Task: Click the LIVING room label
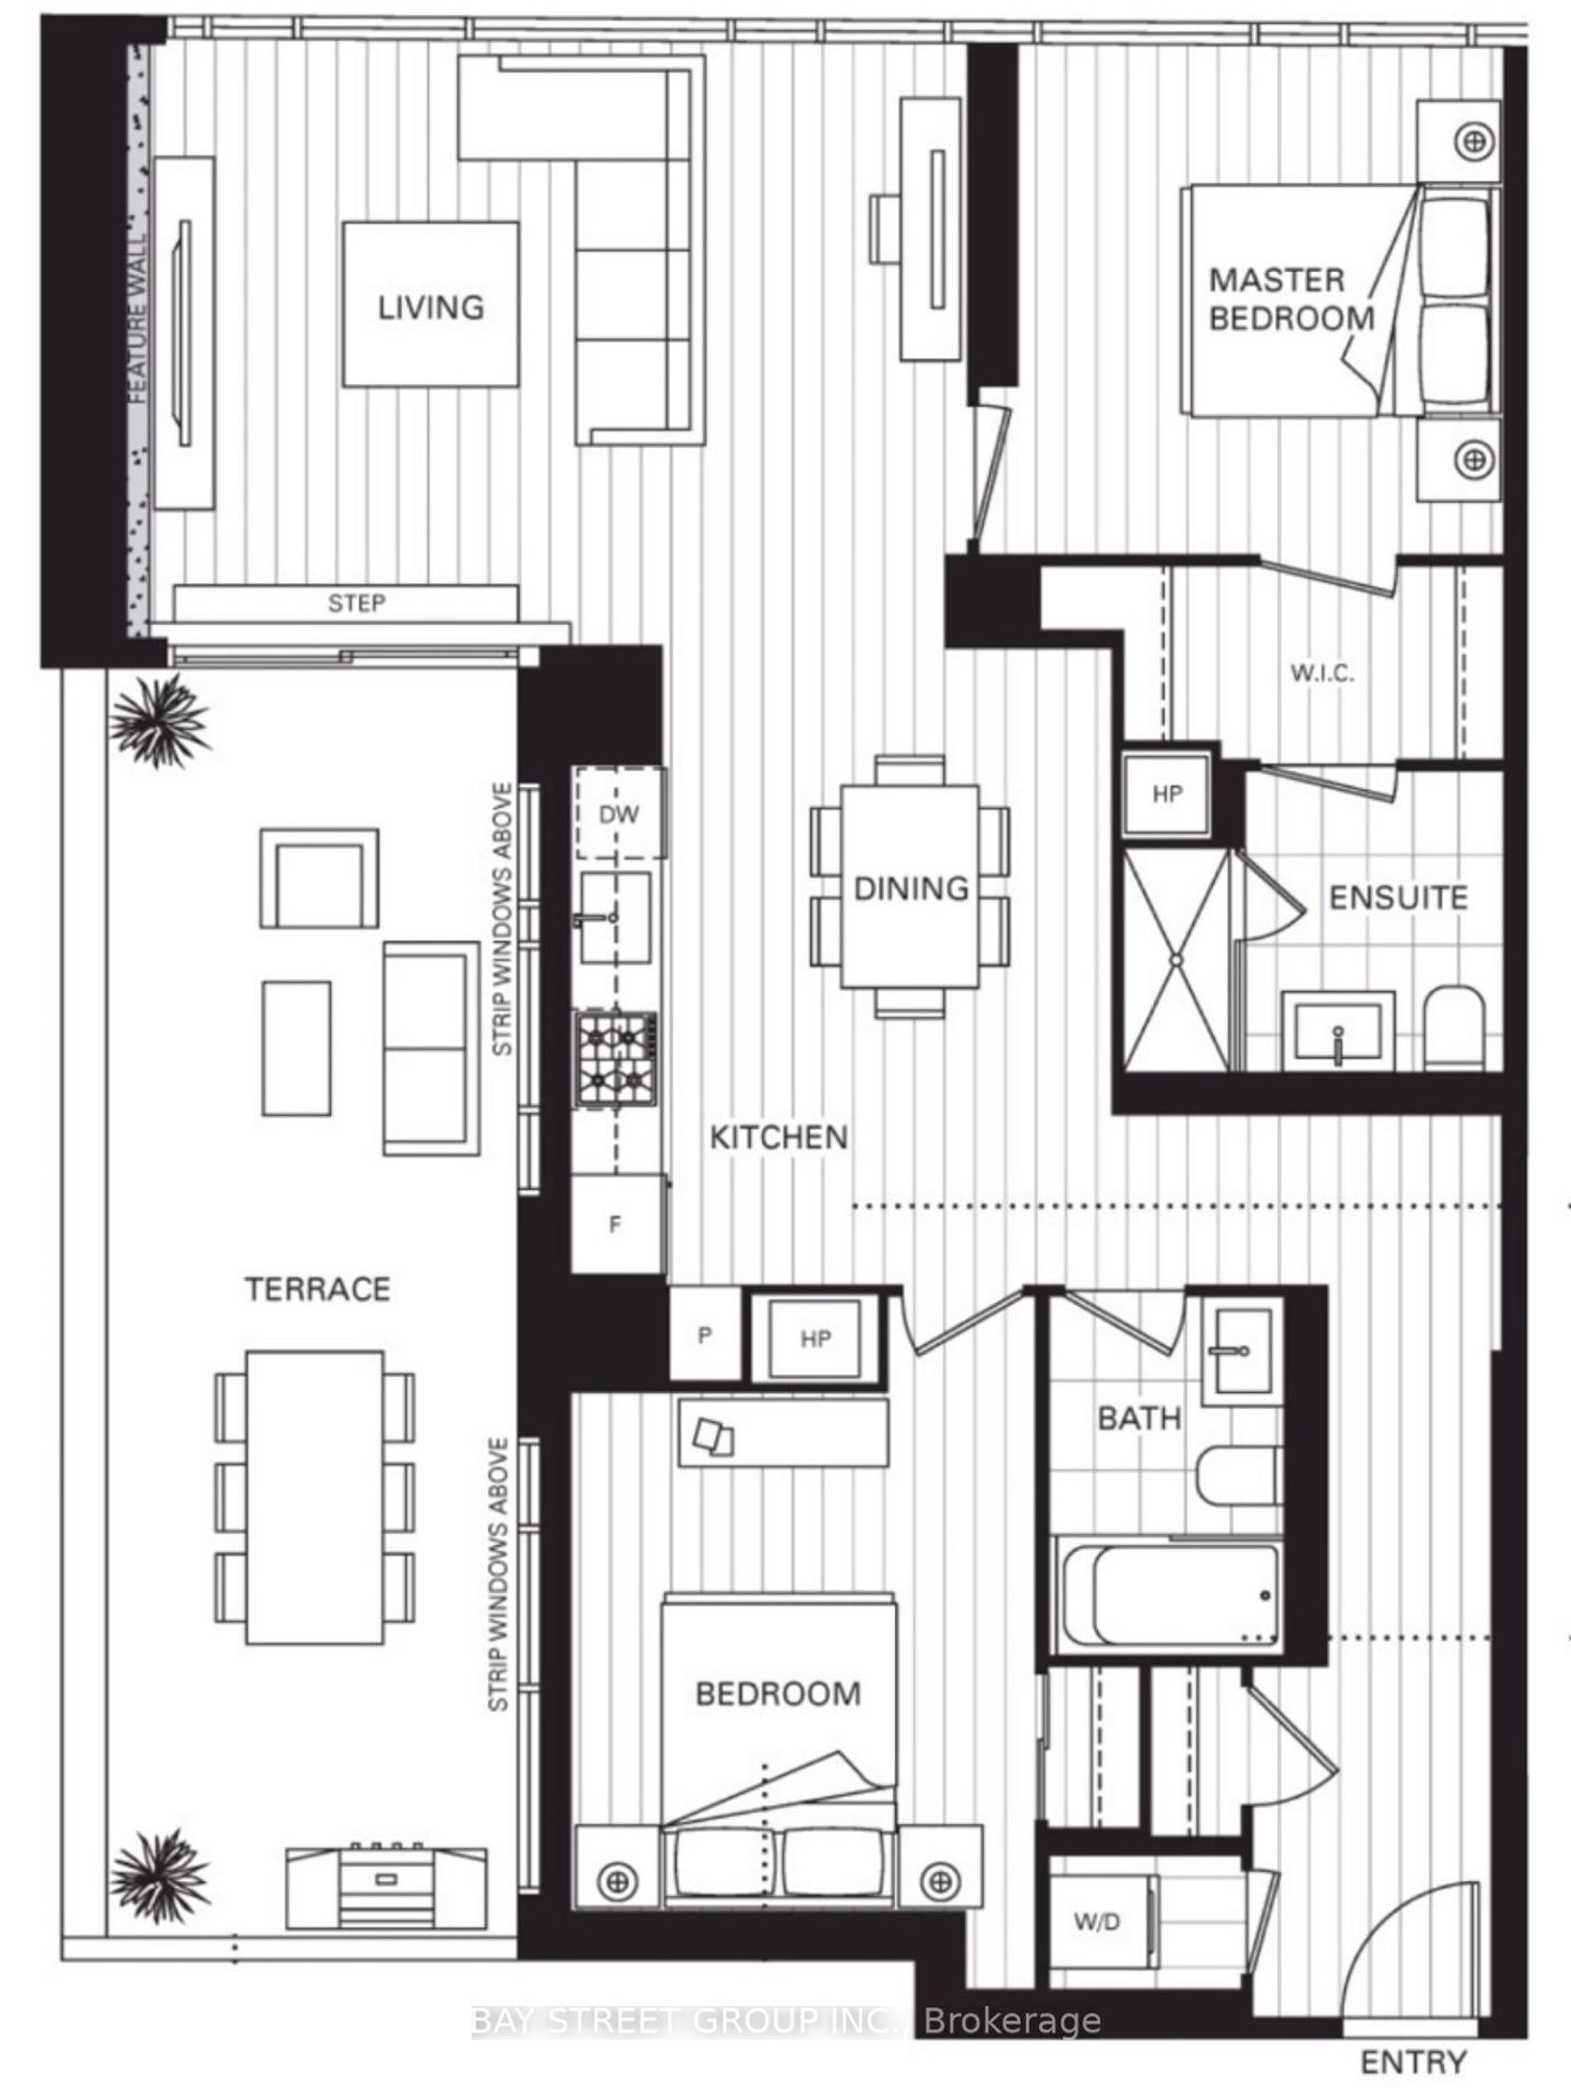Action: point(431,307)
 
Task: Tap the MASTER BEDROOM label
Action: point(1290,298)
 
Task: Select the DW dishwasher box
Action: point(619,813)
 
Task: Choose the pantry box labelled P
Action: point(705,1334)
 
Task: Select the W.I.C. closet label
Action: point(1322,673)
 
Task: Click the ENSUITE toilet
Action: point(1452,1027)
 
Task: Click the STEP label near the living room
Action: point(356,603)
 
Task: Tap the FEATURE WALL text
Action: point(138,319)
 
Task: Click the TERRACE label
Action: point(317,1288)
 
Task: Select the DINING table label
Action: point(911,888)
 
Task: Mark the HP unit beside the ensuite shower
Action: point(1167,795)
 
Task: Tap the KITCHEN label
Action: point(778,1137)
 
